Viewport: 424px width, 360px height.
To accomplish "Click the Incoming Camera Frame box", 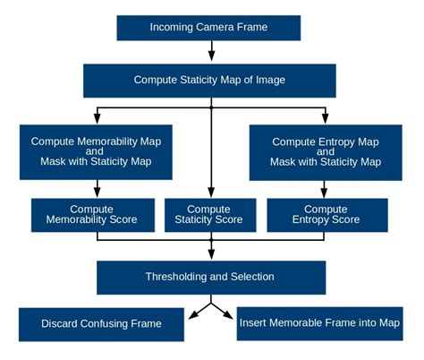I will [212, 27].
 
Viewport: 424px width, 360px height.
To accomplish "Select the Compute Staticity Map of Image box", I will [209, 80].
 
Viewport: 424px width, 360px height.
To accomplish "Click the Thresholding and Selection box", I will [211, 277].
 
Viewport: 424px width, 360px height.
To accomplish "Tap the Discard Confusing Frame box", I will [102, 323].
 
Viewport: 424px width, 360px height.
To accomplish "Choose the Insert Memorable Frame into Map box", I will [319, 322].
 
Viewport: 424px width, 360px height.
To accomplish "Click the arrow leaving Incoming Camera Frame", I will [211, 51].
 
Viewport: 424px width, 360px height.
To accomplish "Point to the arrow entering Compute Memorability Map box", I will [98, 116].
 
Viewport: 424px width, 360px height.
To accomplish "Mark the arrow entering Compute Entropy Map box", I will [326, 116].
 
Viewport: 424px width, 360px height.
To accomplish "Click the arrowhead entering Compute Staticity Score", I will [211, 192].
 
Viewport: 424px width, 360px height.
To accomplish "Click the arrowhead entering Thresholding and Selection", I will [211, 254].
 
